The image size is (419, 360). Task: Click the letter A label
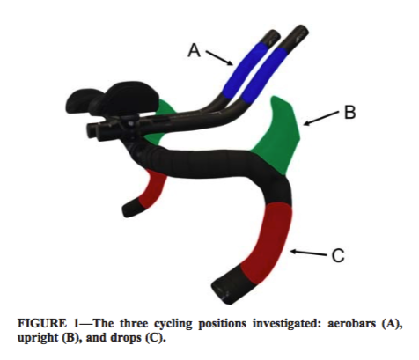(195, 50)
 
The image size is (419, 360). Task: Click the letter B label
(349, 113)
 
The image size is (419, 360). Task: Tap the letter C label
(338, 255)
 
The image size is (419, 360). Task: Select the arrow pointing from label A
(219, 58)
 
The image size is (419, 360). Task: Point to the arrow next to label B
(321, 118)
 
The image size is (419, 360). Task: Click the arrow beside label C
(308, 253)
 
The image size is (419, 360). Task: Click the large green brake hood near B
(277, 136)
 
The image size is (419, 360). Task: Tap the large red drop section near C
(266, 244)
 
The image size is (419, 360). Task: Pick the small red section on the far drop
(152, 189)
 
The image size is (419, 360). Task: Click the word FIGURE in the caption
(42, 324)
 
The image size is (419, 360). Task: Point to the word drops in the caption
(127, 338)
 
